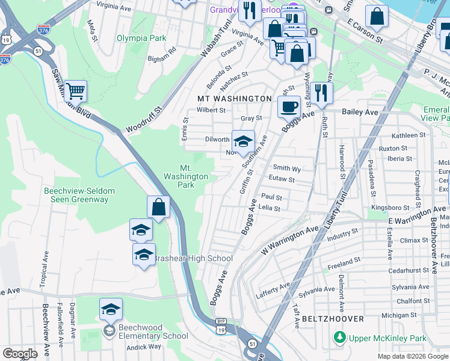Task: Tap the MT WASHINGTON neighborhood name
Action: (235, 98)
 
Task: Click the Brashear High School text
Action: (193, 259)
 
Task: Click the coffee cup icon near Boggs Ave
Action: (289, 106)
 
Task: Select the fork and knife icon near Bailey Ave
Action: (322, 92)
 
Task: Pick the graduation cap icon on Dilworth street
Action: (243, 141)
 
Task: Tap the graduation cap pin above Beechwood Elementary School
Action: (111, 309)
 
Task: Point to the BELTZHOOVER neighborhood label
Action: (333, 318)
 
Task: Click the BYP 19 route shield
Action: (221, 327)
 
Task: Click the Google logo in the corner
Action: (20, 353)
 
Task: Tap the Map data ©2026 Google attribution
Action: (412, 356)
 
